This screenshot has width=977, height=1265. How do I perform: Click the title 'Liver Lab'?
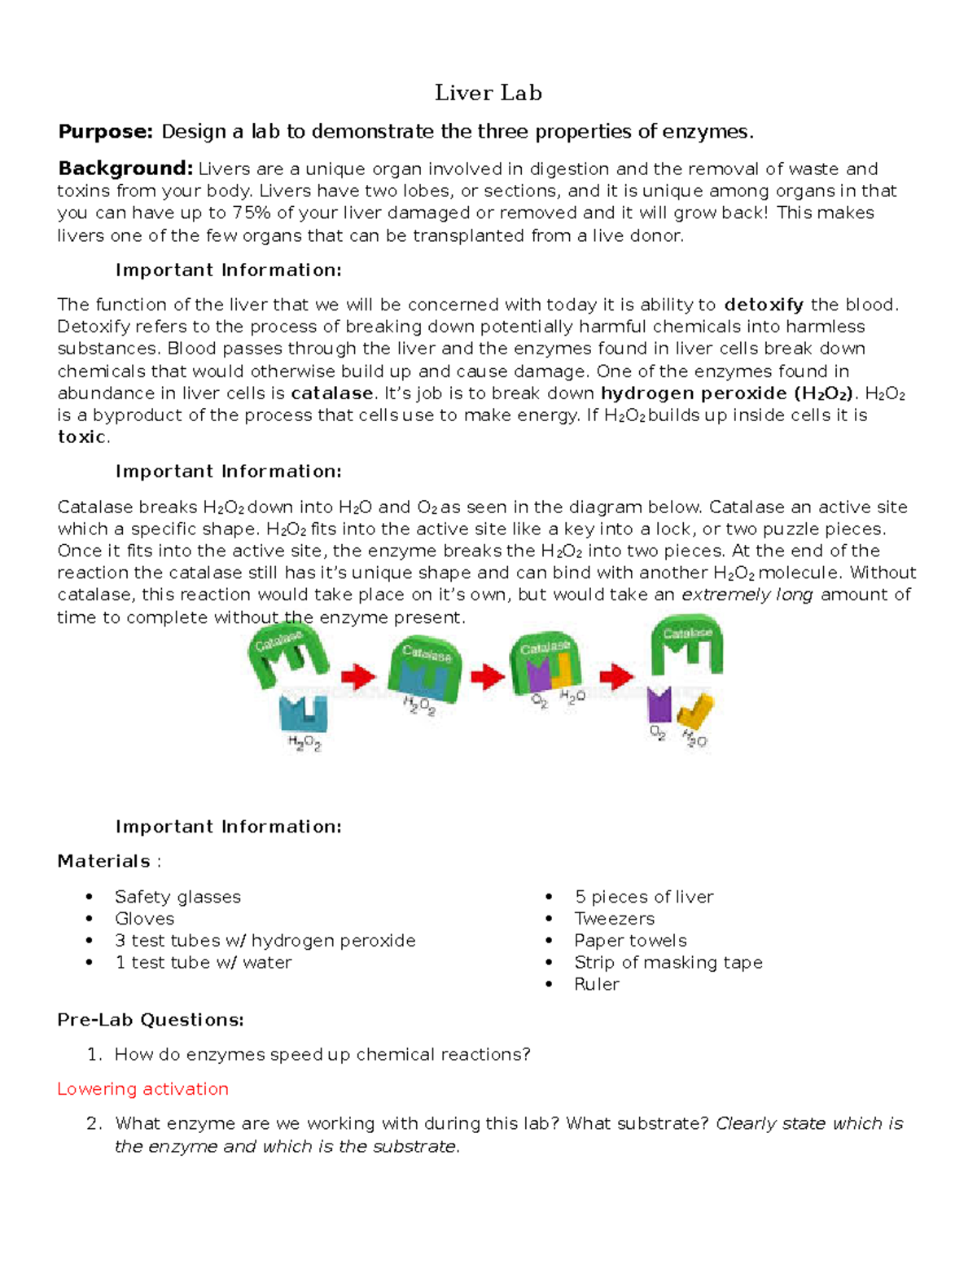[x=488, y=93]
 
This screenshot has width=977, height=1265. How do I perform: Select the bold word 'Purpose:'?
[x=105, y=132]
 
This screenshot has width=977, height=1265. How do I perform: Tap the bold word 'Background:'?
[x=125, y=169]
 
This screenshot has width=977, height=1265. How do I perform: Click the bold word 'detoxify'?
[x=764, y=305]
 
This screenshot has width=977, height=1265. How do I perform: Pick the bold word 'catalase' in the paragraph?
[x=332, y=393]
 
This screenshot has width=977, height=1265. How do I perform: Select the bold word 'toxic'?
[x=81, y=437]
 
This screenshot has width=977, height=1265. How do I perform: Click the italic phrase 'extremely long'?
[x=747, y=595]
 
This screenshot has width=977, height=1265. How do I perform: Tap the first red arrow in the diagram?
[x=358, y=675]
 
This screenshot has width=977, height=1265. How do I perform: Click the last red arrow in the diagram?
[x=616, y=675]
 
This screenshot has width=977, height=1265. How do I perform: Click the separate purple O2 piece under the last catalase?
[x=659, y=705]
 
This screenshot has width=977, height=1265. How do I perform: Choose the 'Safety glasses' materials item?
[x=177, y=897]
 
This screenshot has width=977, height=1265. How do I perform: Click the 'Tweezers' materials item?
[x=614, y=919]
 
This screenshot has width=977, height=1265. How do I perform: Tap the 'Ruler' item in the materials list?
[x=597, y=985]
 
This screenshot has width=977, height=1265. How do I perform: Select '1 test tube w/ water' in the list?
[x=203, y=963]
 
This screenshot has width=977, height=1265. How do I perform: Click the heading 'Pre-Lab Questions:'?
[x=151, y=1020]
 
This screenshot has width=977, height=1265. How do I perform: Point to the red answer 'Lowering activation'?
[x=142, y=1089]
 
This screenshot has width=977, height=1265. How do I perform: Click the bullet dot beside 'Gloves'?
[x=90, y=920]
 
